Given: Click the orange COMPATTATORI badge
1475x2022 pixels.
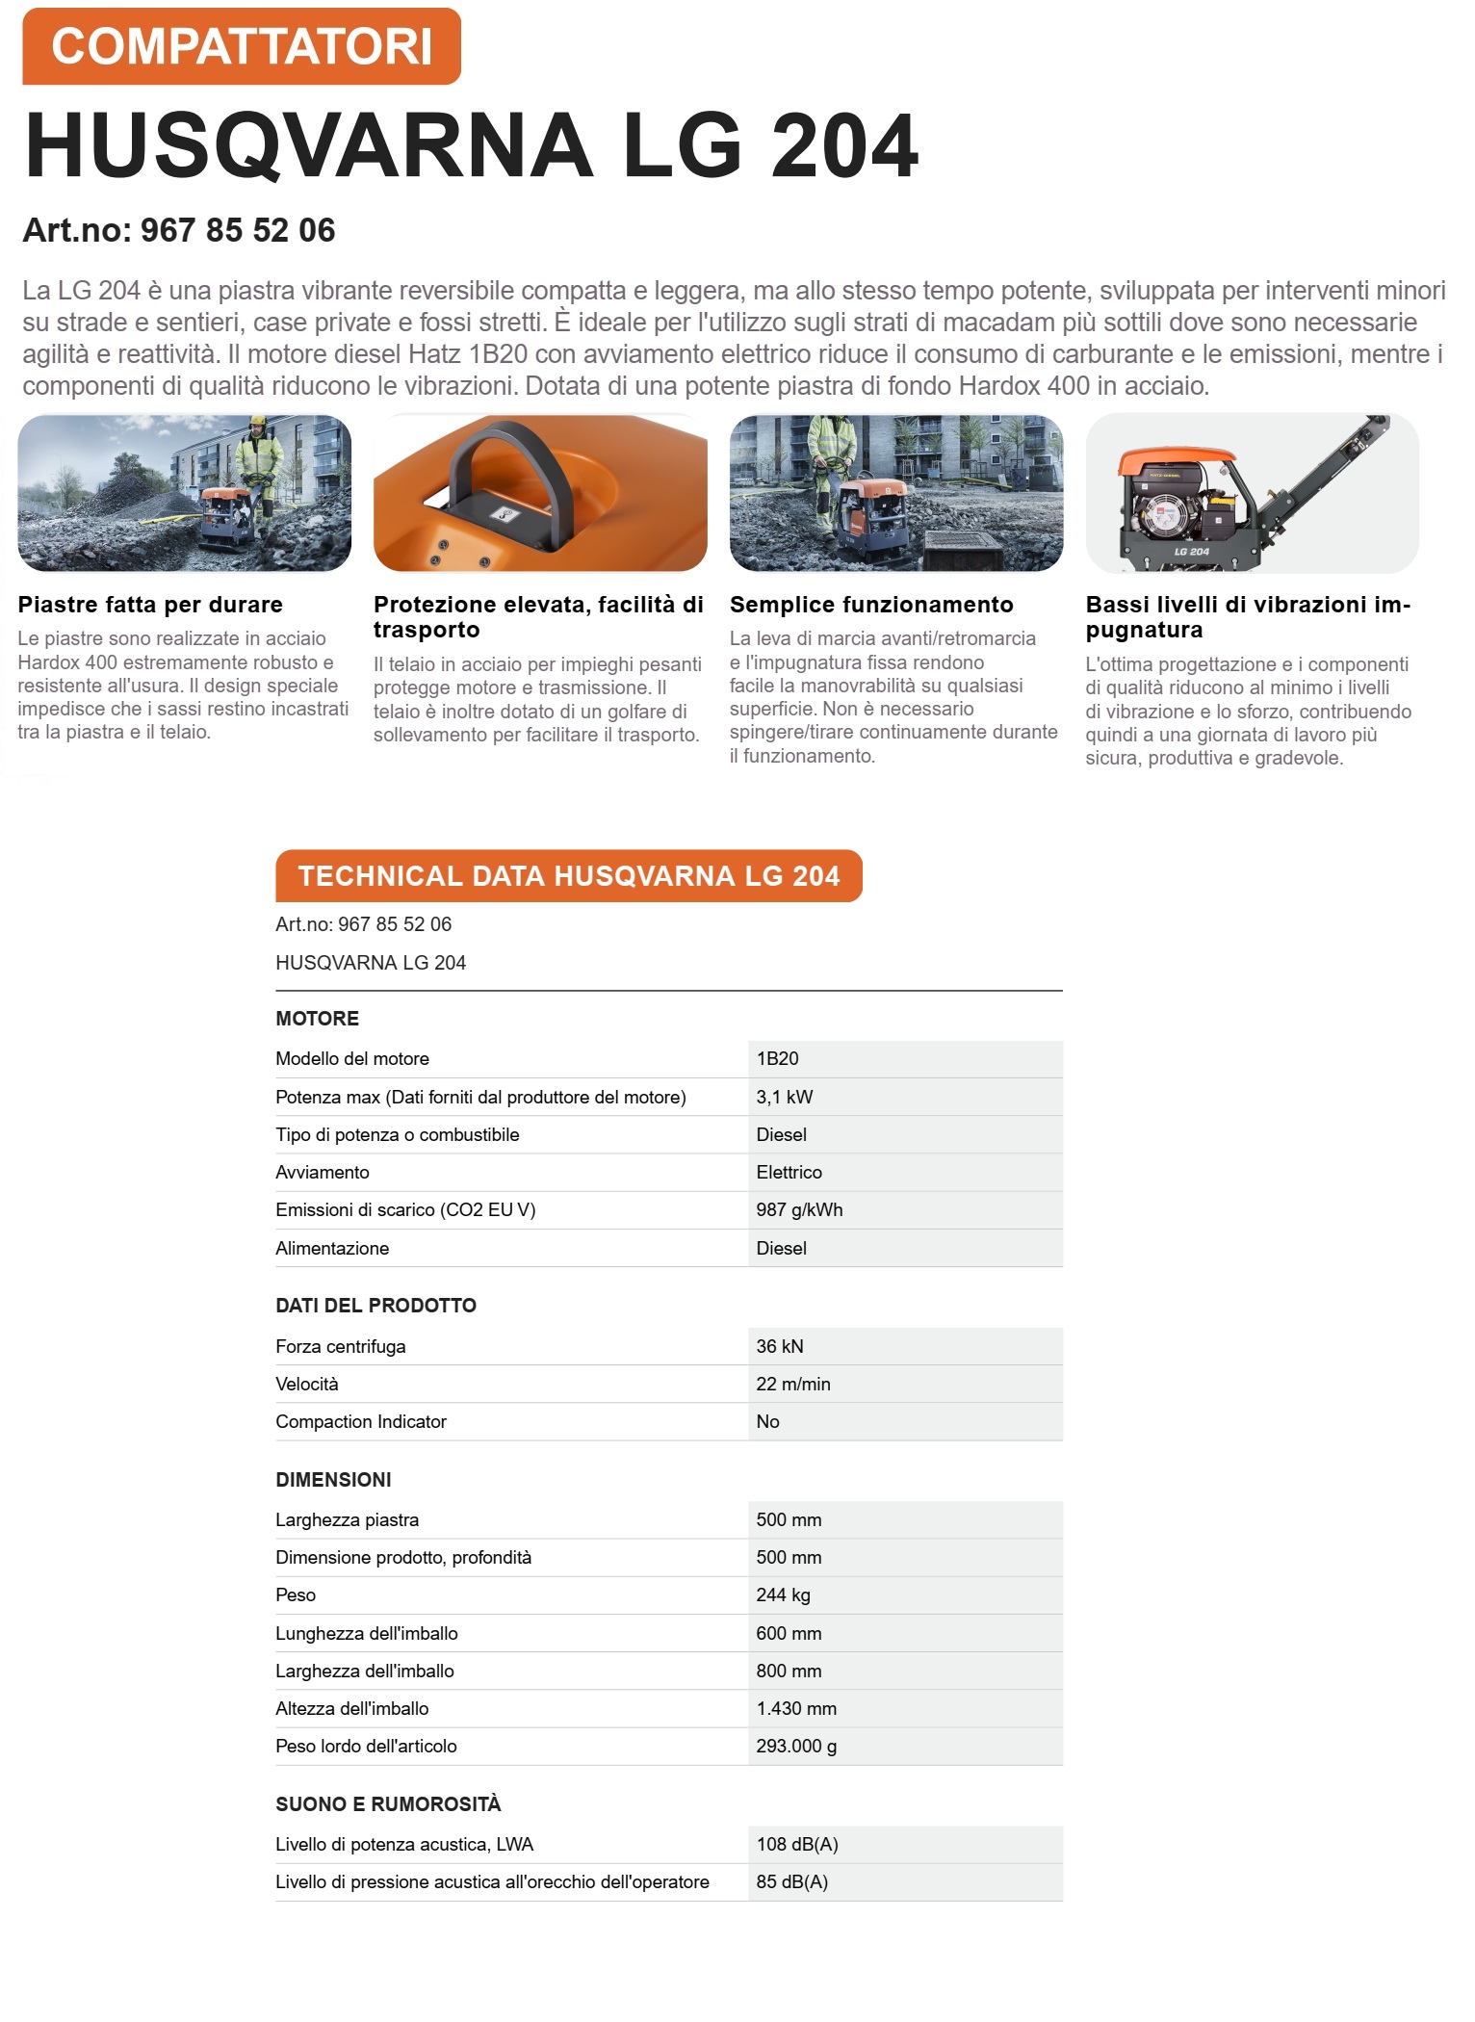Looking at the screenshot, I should coord(242,46).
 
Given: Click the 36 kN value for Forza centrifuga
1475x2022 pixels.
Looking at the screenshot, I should coord(779,1346).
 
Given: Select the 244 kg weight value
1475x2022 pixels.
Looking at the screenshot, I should coord(783,1594).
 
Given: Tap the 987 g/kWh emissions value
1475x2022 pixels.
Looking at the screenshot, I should coord(799,1209).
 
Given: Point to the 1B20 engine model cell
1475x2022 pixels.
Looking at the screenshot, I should coord(777,1058).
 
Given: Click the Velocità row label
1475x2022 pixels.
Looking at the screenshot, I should coord(307,1384).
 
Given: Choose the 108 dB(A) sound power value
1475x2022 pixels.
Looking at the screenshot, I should coord(797,1844).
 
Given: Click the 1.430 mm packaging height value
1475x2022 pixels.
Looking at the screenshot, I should coord(796,1708).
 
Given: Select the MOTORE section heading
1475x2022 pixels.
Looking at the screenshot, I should coord(317,1018).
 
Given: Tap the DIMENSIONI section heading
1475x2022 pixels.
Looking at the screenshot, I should coord(333,1479).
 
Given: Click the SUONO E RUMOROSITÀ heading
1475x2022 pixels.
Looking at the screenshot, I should coord(388,1803).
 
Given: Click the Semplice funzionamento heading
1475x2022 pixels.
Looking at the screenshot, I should coord(871,605).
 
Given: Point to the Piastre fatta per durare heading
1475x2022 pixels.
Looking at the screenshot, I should coord(150,605).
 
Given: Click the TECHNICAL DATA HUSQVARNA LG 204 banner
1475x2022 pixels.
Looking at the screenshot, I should coord(568,875).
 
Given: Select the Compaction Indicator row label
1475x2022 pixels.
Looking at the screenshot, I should coord(361,1421).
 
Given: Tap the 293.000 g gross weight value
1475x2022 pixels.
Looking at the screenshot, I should coord(796,1746).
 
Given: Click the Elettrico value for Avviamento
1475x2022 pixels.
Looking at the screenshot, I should coord(789,1172).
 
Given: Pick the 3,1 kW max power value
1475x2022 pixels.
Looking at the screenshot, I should coord(784,1097).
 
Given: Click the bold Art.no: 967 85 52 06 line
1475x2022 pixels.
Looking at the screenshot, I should coord(179,230).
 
